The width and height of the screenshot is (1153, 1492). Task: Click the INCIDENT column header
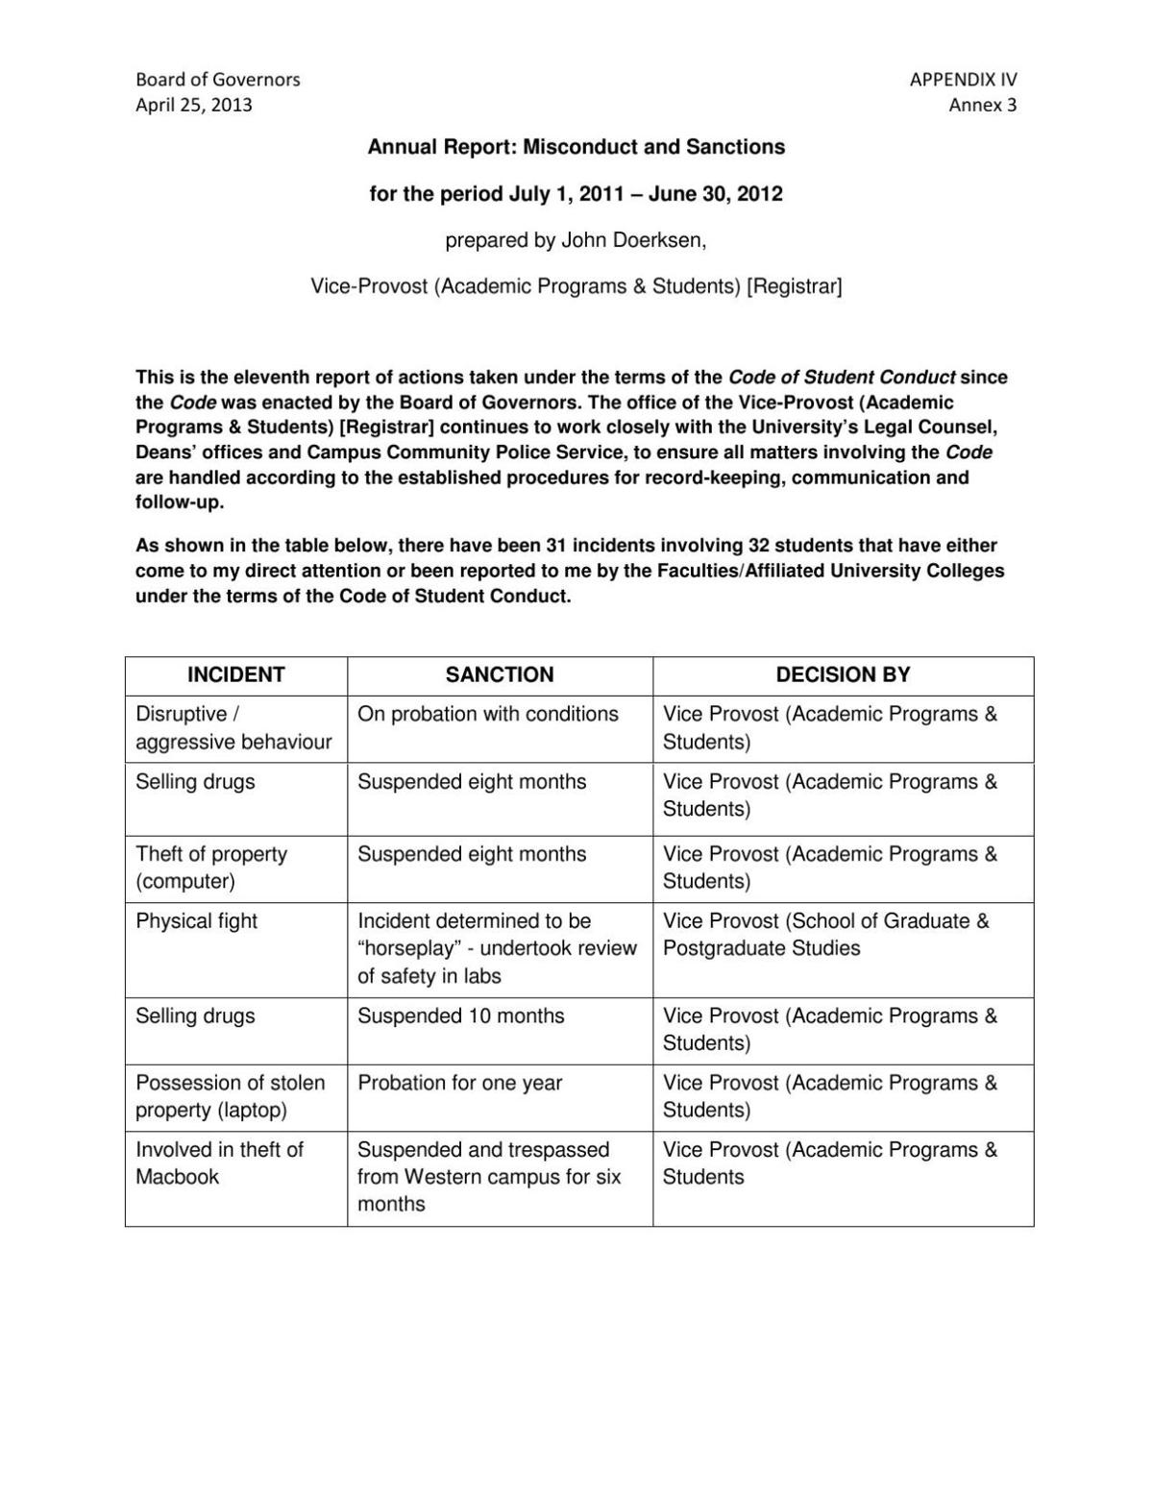click(235, 675)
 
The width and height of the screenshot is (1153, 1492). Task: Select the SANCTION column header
click(500, 675)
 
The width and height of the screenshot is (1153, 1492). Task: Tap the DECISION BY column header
click(843, 675)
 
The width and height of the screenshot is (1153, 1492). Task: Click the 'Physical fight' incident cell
click(197, 921)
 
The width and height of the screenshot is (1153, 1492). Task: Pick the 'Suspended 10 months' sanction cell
click(461, 1016)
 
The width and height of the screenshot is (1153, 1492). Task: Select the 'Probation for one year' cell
click(459, 1084)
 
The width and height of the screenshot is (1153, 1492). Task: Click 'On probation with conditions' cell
click(488, 715)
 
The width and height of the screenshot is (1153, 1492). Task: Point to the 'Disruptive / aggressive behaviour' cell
click(233, 728)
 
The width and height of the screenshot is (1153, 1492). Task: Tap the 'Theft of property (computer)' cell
click(211, 868)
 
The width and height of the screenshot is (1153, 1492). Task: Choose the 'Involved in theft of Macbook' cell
click(219, 1163)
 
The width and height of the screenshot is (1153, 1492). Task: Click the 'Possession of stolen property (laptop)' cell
click(231, 1096)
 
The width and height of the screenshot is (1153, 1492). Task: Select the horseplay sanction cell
click(497, 948)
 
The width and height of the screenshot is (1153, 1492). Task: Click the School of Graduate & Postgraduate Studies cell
click(825, 935)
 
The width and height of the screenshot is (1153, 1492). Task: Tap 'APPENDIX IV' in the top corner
click(963, 80)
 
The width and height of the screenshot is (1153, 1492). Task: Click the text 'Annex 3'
click(982, 105)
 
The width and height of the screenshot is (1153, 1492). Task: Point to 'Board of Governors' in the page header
click(217, 80)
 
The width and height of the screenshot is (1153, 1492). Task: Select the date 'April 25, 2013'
click(194, 105)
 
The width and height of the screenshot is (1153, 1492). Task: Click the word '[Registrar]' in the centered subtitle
click(794, 286)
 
